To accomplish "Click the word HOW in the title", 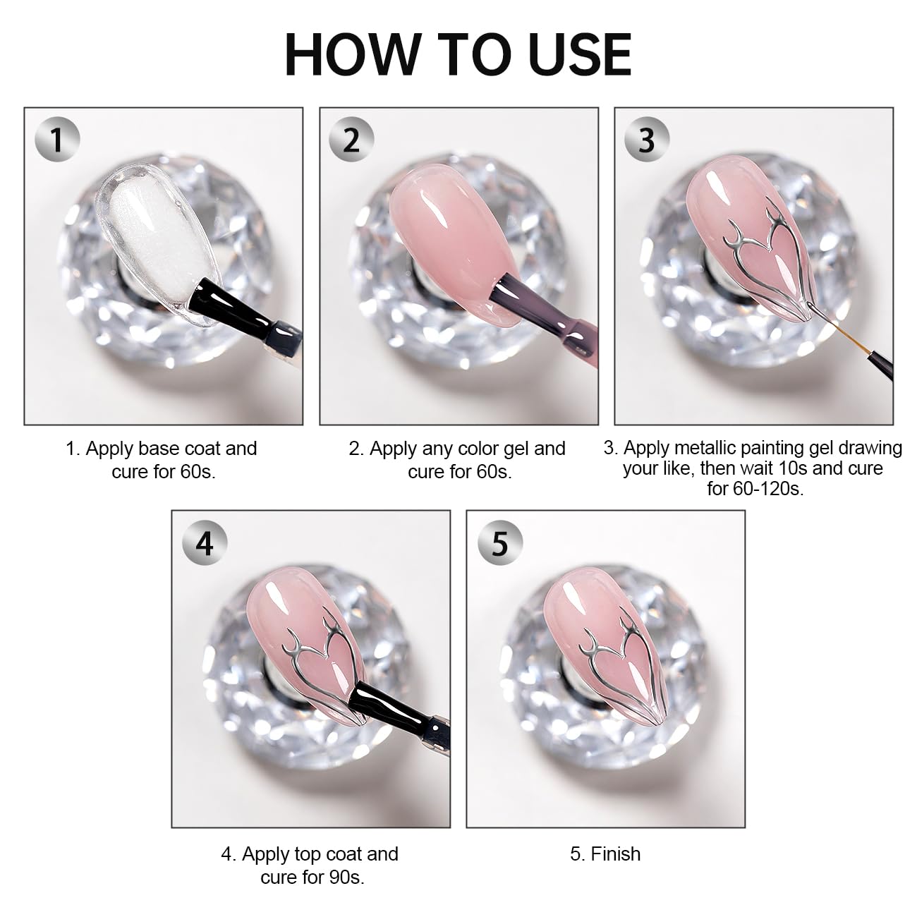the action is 353,55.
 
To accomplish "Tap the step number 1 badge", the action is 57,140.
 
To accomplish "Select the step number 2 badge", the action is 352,140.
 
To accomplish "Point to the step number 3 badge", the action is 647,140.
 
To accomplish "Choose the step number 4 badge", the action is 205,542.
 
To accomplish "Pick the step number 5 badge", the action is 499,542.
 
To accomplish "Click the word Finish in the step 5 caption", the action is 615,854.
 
